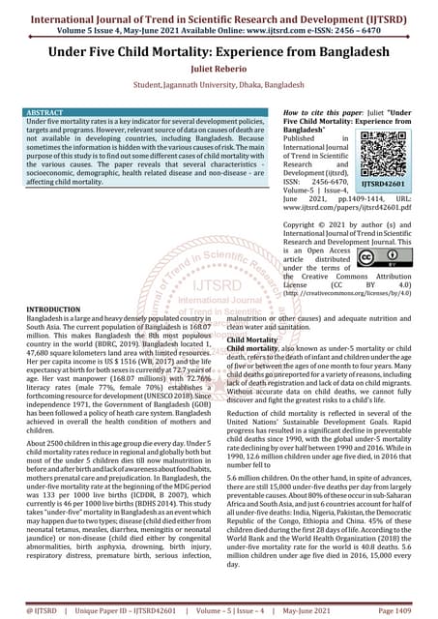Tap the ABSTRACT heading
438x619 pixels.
(43, 113)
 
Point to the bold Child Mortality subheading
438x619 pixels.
(255, 340)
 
